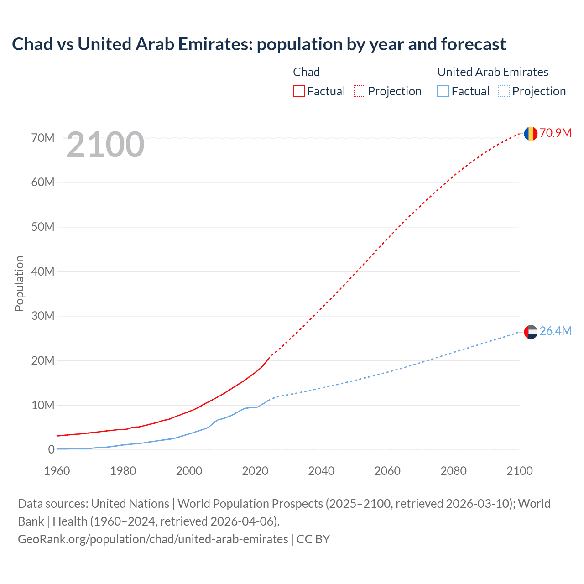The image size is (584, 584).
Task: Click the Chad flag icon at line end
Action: pyautogui.click(x=531, y=133)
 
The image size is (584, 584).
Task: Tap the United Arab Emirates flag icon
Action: pyautogui.click(x=531, y=332)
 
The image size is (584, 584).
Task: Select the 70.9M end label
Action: pyautogui.click(x=555, y=133)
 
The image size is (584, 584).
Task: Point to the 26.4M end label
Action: pyautogui.click(x=555, y=331)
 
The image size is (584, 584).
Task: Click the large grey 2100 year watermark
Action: pyautogui.click(x=105, y=145)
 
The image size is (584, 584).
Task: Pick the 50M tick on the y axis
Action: pyautogui.click(x=43, y=227)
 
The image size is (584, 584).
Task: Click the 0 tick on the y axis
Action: pyautogui.click(x=51, y=450)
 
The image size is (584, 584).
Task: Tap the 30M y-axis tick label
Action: pyautogui.click(x=43, y=316)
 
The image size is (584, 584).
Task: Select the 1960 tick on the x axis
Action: pyautogui.click(x=57, y=471)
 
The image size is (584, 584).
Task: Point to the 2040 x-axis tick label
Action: pyautogui.click(x=321, y=471)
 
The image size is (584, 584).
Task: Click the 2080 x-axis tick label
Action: pyautogui.click(x=454, y=471)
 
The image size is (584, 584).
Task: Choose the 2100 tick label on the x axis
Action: pyautogui.click(x=519, y=471)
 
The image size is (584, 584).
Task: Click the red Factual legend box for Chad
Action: pyautogui.click(x=299, y=91)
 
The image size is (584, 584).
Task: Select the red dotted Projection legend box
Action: pyautogui.click(x=360, y=91)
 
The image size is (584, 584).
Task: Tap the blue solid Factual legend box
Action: pyautogui.click(x=443, y=91)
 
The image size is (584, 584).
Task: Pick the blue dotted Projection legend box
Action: pyautogui.click(x=504, y=91)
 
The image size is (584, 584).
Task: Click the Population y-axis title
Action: pyautogui.click(x=19, y=283)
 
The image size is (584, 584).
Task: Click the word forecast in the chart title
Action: pyautogui.click(x=473, y=44)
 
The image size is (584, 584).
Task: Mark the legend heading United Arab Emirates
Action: pyautogui.click(x=493, y=72)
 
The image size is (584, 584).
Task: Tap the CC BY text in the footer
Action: pyautogui.click(x=313, y=539)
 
